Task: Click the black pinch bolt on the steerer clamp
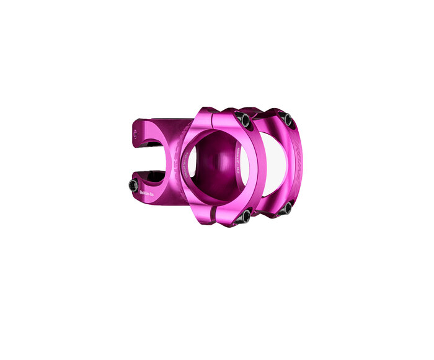[x=133, y=185]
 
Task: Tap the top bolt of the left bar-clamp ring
[x=246, y=120]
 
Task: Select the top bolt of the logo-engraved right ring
[x=286, y=120]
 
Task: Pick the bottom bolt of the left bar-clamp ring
[x=246, y=217]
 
